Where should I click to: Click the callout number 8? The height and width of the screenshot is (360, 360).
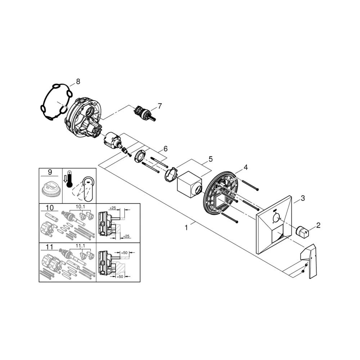(78, 81)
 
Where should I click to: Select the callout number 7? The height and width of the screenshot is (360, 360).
(159, 106)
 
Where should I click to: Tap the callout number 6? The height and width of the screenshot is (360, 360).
(165, 149)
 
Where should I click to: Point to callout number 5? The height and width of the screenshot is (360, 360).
(211, 159)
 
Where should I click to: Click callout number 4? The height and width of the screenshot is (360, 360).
(246, 167)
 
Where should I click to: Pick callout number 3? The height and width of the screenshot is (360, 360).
(303, 198)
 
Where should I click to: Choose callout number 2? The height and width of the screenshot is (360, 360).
(318, 225)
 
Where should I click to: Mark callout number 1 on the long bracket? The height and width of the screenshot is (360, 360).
(186, 228)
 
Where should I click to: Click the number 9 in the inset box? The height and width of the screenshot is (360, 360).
(50, 172)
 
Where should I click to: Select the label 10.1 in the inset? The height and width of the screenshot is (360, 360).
(80, 207)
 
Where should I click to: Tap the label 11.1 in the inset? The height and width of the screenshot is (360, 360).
(80, 246)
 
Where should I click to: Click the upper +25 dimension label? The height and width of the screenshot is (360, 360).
(112, 208)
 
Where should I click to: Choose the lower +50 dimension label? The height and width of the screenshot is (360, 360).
(120, 276)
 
